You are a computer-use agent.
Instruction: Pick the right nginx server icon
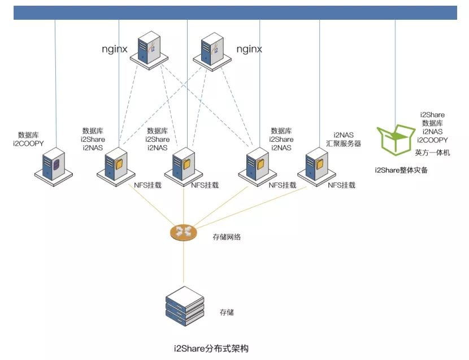[211, 49]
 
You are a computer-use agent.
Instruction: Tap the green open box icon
[395, 139]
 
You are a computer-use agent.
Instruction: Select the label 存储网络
[227, 237]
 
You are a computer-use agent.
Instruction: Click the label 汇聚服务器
[343, 144]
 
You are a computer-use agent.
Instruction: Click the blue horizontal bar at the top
[235, 12]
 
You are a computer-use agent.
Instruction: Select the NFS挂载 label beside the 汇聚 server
[342, 185]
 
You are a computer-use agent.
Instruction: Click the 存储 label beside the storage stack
[227, 312]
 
